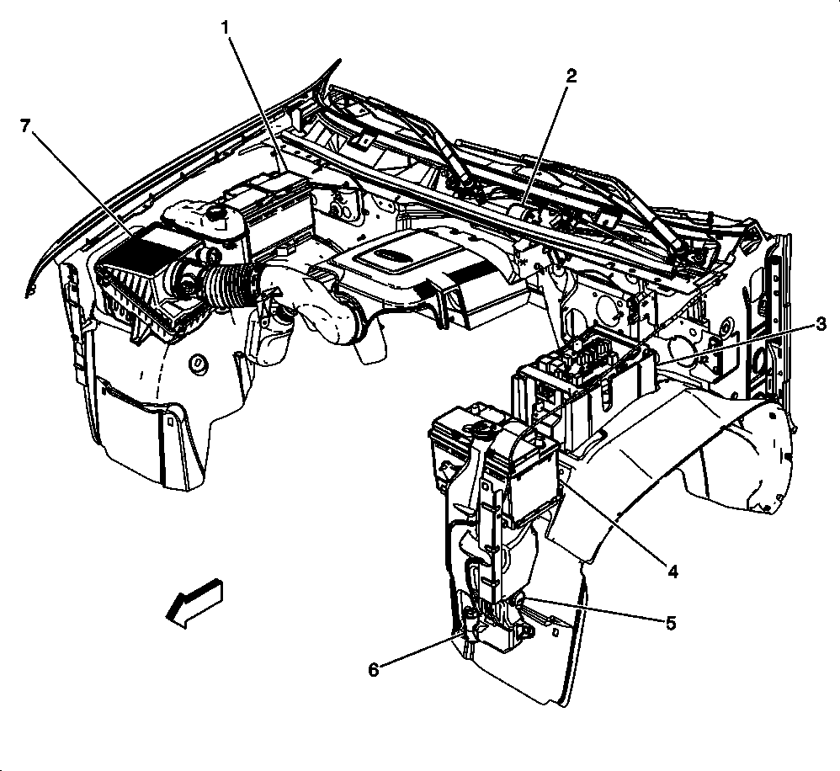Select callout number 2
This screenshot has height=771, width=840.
[571, 76]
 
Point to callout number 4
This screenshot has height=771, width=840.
[673, 571]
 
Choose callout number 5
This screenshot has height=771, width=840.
[671, 623]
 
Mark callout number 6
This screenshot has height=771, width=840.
[374, 670]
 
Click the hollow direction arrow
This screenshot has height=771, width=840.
[194, 601]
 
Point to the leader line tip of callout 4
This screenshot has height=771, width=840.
[559, 481]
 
